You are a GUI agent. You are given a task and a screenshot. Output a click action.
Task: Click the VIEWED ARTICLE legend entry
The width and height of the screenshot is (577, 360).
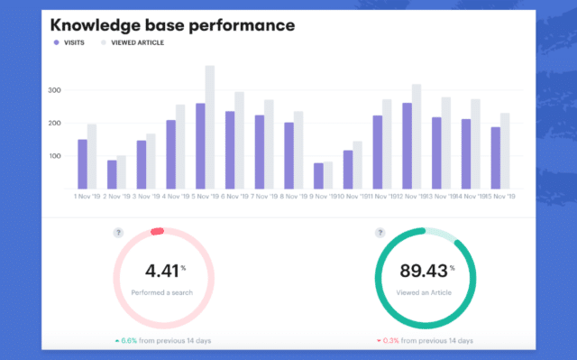[x=134, y=42]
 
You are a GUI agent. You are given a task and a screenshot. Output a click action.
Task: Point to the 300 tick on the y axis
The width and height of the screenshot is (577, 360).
[x=55, y=91]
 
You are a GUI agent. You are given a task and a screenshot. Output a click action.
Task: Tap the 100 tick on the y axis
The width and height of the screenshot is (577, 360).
[x=55, y=156]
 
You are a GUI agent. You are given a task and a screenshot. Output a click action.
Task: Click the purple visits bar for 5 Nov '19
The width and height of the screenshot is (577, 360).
[x=199, y=146]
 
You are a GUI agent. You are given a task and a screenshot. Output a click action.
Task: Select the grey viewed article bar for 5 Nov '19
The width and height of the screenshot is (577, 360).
[x=210, y=127]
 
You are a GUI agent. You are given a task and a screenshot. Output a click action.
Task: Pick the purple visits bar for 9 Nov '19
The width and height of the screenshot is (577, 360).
[x=318, y=175]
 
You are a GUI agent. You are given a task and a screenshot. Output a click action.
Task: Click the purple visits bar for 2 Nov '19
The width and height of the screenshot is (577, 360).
[x=111, y=174]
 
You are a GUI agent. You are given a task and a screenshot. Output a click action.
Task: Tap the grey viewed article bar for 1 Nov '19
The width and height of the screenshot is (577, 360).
[x=92, y=156]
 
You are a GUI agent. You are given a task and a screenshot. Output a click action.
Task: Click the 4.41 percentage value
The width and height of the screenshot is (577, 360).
[x=160, y=270]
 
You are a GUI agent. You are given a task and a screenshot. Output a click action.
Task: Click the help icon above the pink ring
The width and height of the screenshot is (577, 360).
[x=117, y=233]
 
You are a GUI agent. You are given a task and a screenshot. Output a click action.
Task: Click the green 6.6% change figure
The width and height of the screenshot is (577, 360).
[x=130, y=341]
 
